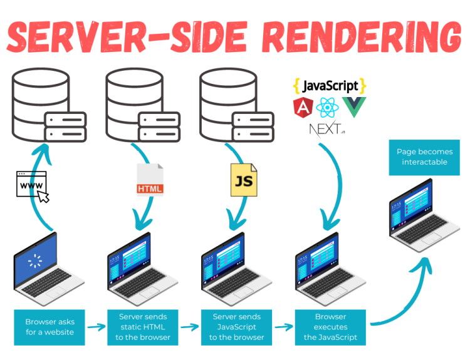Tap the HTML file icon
[x=150, y=180]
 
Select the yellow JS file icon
[x=243, y=180]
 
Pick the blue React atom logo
[x=327, y=108]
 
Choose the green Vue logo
[x=353, y=107]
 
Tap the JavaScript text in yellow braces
[x=330, y=86]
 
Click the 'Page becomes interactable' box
[x=424, y=157]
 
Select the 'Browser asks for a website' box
[x=50, y=327]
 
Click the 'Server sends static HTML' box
[x=143, y=327]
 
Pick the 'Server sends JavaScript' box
[x=237, y=327]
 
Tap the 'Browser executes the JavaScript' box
[x=330, y=327]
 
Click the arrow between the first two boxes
[x=96, y=327]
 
